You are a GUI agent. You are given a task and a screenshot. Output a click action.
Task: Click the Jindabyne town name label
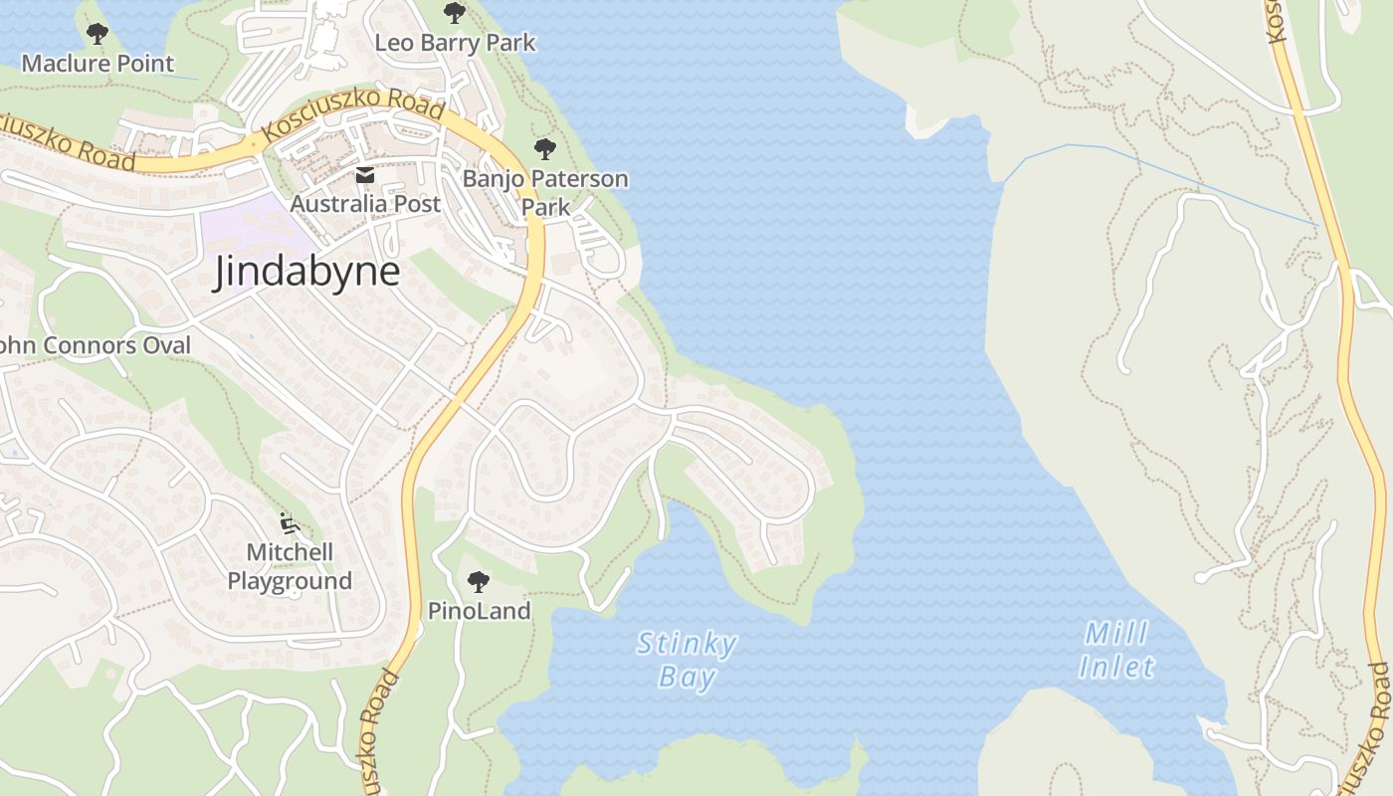click(306, 272)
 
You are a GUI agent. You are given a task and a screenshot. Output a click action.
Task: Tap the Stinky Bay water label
click(687, 661)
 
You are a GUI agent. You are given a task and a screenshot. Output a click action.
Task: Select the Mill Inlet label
click(1116, 650)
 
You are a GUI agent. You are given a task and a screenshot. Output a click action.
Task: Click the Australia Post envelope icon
click(364, 176)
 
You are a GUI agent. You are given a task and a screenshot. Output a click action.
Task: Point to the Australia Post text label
click(365, 204)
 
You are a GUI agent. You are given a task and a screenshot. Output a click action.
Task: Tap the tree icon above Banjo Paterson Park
click(544, 149)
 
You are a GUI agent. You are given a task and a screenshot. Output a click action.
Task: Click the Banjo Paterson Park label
click(545, 193)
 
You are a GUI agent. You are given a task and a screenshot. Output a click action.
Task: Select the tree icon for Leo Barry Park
click(454, 13)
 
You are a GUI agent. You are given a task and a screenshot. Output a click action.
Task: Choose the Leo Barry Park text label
click(455, 43)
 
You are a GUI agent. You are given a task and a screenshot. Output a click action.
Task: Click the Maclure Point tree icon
click(97, 34)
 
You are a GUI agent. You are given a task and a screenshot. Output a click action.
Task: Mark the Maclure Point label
click(98, 64)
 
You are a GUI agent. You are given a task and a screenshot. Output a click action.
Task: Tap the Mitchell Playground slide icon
click(289, 522)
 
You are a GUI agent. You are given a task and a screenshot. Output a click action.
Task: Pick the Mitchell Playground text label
click(290, 566)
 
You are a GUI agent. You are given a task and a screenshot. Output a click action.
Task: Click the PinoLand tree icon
click(479, 581)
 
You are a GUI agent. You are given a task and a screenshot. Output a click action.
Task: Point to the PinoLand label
click(479, 610)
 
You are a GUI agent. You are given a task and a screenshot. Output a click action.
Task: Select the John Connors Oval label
click(95, 345)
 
